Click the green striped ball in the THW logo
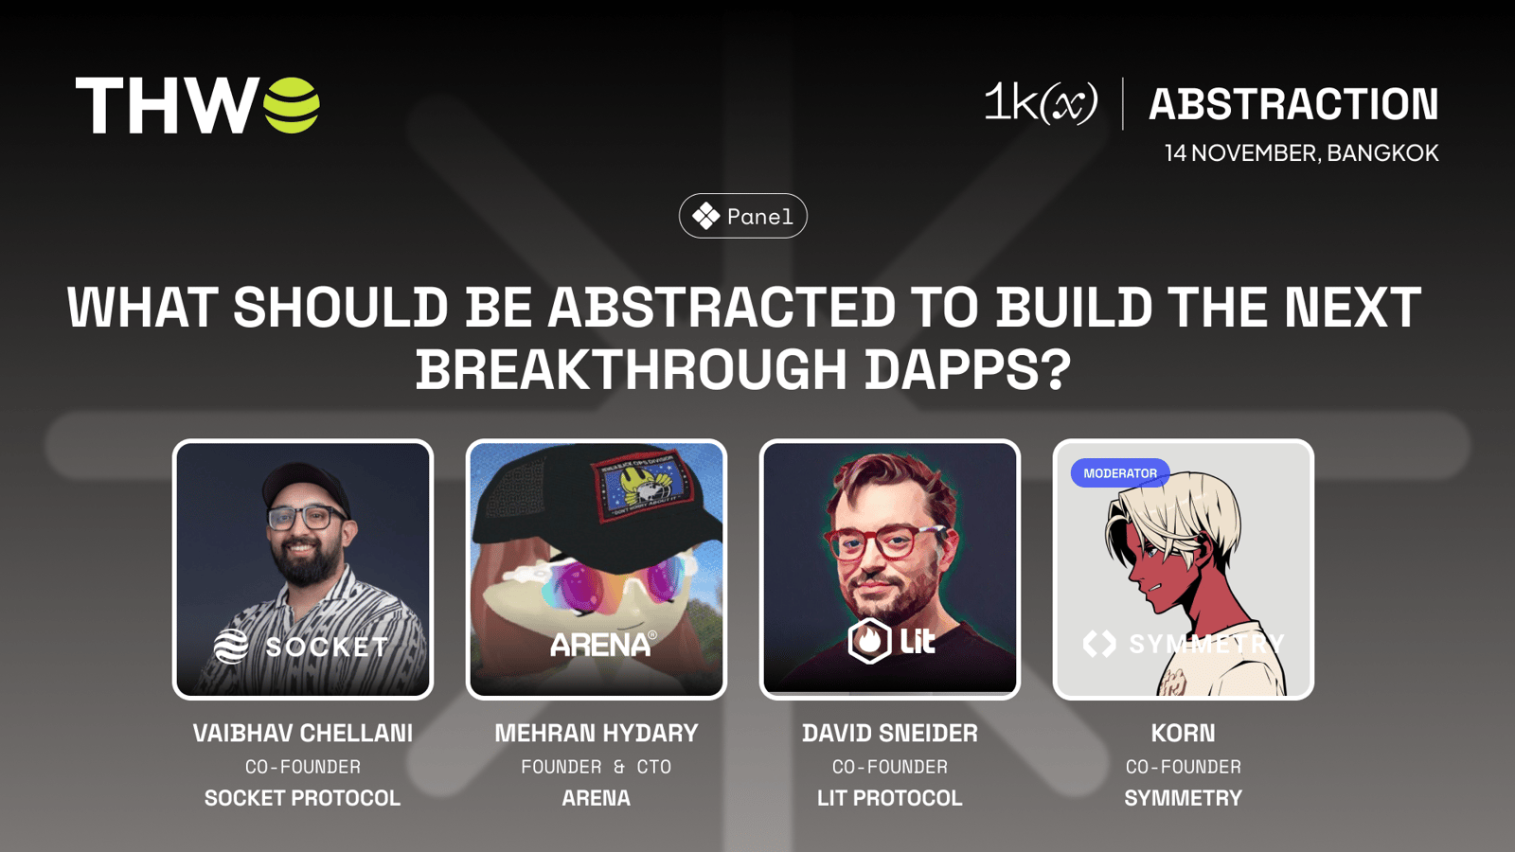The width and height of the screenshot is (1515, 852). click(x=292, y=105)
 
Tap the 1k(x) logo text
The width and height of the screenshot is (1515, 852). click(x=1041, y=103)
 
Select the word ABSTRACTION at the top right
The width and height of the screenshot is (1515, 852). click(x=1293, y=104)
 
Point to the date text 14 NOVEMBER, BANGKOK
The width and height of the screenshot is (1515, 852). click(x=1301, y=152)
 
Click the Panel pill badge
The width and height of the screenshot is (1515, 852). click(x=742, y=216)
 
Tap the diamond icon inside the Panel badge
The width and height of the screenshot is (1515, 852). click(x=705, y=217)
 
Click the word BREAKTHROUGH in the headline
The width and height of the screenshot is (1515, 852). click(x=631, y=369)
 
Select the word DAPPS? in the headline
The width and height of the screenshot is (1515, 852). click(x=968, y=369)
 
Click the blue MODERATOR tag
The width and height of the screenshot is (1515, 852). click(x=1120, y=473)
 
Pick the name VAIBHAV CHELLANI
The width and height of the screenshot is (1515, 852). click(x=302, y=733)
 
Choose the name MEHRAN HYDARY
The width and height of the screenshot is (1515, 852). click(x=596, y=733)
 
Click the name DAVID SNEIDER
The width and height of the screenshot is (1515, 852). click(x=889, y=733)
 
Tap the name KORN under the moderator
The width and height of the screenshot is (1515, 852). click(x=1183, y=733)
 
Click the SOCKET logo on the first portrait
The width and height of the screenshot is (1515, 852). click(x=301, y=647)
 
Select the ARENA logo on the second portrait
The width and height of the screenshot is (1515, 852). click(x=603, y=644)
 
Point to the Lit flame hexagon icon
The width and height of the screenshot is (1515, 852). click(x=869, y=640)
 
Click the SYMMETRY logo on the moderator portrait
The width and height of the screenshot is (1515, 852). click(x=1183, y=643)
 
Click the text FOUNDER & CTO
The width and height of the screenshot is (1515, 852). click(x=596, y=767)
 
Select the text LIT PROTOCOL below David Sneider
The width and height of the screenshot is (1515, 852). click(x=889, y=798)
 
